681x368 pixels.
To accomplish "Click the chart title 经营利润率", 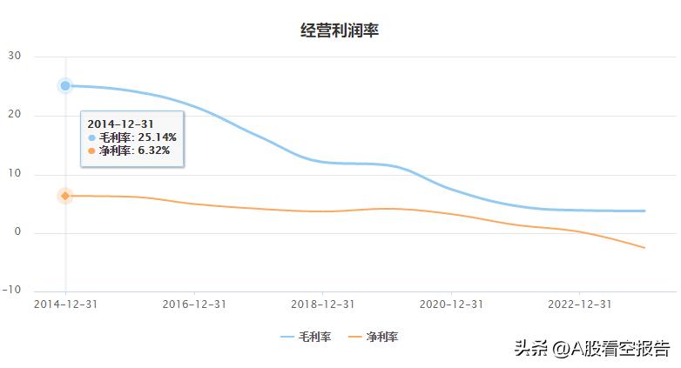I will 340,30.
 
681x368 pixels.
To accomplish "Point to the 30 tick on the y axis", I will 15,57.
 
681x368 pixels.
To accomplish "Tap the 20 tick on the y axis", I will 15,116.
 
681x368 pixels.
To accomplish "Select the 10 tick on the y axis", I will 15,174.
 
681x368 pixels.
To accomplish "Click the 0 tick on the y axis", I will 17,233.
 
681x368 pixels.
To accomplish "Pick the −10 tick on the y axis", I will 12,291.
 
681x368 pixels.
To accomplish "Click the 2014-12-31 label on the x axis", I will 65,304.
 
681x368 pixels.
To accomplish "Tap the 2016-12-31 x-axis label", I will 193,304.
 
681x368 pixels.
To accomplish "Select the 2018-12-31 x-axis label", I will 321,304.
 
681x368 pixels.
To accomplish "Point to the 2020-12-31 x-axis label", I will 450,304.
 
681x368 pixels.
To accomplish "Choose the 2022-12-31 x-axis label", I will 578,304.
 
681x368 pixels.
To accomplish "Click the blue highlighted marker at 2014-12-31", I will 65,85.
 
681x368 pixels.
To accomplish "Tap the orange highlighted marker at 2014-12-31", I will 65,196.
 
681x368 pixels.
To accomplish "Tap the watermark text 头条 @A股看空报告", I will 591,349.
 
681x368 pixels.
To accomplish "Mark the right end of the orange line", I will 645,248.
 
